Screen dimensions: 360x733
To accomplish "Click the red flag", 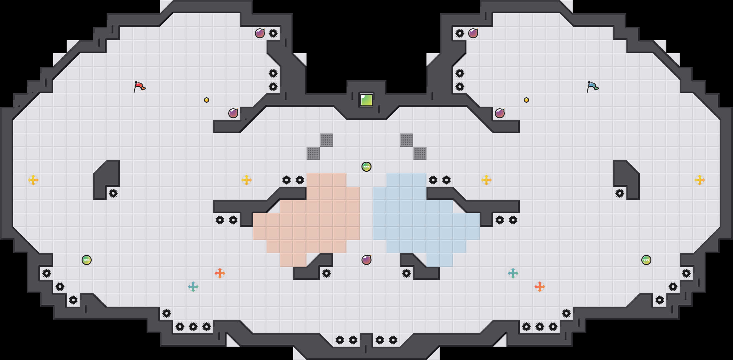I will click(x=139, y=87).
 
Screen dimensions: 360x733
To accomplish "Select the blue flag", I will click(x=592, y=87).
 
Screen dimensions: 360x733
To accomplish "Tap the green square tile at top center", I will click(x=366, y=100).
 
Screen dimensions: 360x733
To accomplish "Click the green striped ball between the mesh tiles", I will click(x=366, y=167).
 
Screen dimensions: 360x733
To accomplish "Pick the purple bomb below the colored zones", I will click(x=366, y=260).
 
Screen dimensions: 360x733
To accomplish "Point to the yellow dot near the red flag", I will click(x=207, y=100).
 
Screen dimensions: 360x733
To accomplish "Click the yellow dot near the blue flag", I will click(x=526, y=100).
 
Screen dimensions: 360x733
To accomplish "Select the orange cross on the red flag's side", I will click(x=220, y=273).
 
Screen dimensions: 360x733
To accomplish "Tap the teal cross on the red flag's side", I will click(x=193, y=287).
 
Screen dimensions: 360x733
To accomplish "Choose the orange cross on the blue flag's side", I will click(x=540, y=287).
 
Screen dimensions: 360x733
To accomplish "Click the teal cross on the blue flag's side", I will click(x=513, y=273).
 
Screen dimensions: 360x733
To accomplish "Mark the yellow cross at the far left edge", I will click(x=33, y=180).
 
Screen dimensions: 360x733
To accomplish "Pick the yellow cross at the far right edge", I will click(x=700, y=180).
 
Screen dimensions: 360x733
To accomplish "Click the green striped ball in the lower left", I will click(x=87, y=260).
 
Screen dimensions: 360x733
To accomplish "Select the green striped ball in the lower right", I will click(x=646, y=260).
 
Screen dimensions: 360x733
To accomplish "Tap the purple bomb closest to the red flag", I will click(x=233, y=113).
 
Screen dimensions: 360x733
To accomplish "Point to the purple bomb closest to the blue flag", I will click(x=500, y=113).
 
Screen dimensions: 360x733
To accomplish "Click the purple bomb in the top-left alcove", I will click(x=260, y=33).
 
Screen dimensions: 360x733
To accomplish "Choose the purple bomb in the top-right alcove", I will click(x=473, y=33).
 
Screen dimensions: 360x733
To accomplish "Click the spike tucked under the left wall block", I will click(x=113, y=193).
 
